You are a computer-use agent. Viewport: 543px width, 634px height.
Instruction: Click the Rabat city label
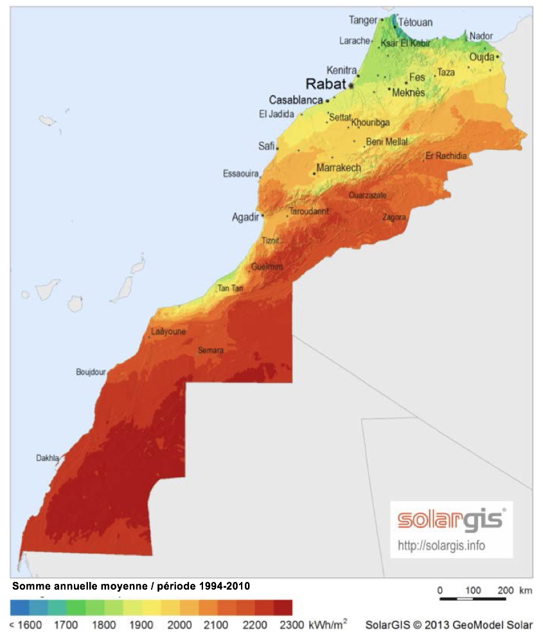[325, 84]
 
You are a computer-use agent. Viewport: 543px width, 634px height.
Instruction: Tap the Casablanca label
[296, 100]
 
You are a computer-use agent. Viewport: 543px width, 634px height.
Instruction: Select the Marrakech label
[339, 168]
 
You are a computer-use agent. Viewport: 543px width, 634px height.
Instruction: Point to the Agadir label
[245, 217]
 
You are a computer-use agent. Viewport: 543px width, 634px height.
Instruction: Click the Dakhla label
[47, 458]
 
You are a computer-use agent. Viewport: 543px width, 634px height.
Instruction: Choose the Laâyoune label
[168, 332]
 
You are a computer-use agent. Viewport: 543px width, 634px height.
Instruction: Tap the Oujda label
[482, 57]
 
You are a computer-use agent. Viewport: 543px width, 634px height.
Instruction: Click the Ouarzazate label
[368, 195]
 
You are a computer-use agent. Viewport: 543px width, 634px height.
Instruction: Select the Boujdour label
[91, 372]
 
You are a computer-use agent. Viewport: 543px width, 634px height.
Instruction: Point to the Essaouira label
[240, 174]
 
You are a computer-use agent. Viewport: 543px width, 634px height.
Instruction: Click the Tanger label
[363, 21]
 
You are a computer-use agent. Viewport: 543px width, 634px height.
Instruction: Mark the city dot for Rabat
[352, 84]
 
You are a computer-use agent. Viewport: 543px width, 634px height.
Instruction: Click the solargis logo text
[450, 520]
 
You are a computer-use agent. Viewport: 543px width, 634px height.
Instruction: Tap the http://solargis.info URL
[441, 546]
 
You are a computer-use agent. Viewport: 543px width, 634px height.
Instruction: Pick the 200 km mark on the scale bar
[506, 590]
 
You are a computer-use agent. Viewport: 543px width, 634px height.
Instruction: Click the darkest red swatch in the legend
[283, 608]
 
